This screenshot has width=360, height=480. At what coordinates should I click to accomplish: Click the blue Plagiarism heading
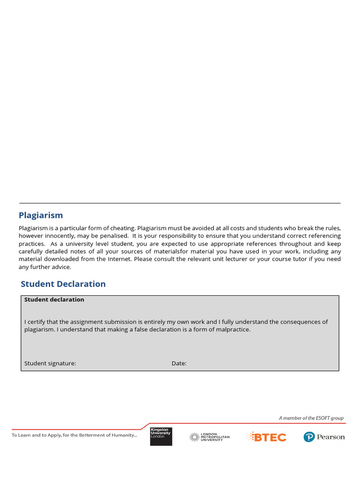(x=41, y=216)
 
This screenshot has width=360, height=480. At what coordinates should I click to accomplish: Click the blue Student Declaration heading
(x=63, y=284)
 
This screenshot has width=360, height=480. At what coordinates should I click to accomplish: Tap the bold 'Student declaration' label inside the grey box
(x=54, y=300)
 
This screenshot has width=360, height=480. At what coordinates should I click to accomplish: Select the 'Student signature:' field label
(x=50, y=363)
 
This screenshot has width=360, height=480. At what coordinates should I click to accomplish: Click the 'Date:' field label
(x=179, y=363)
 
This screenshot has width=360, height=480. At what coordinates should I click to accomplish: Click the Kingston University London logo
(x=161, y=436)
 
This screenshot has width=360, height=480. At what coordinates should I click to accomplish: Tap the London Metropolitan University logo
(x=210, y=437)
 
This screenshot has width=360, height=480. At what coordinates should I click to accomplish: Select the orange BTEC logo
(x=267, y=437)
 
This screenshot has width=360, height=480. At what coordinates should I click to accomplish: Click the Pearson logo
(x=324, y=437)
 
